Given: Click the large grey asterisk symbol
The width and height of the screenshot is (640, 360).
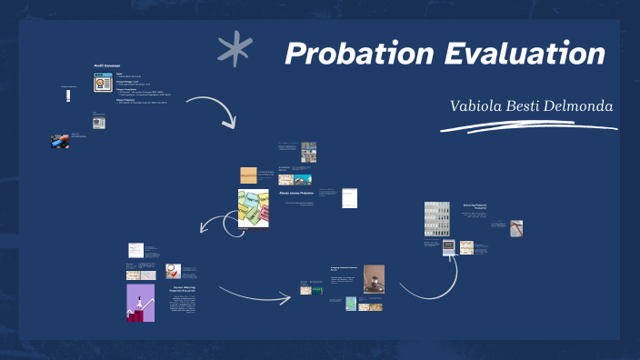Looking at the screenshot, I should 235,50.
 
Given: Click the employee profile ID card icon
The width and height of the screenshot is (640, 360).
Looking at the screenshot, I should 102,84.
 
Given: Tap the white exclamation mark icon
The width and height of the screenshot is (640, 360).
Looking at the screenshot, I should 68,97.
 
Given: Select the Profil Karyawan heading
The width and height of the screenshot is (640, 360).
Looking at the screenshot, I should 107,65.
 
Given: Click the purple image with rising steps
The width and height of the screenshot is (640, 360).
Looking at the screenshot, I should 140,302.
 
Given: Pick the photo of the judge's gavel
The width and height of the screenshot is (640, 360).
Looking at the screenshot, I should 374,279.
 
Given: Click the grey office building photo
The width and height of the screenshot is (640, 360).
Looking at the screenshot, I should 437,219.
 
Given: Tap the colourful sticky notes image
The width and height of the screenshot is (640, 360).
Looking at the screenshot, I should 254,208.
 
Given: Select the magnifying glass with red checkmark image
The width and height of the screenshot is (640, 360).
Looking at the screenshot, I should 172,270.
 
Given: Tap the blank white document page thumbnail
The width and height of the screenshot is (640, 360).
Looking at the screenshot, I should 349,197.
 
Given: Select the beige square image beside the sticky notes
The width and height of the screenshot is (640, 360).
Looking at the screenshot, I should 248,175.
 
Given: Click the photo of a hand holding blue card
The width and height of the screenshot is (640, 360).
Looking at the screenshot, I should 59,141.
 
